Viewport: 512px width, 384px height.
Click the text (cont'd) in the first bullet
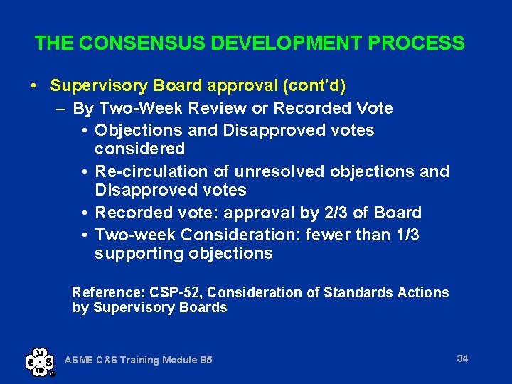coord(314,86)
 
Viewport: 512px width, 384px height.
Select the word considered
coord(139,149)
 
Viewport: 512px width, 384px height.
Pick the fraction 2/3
coord(349,213)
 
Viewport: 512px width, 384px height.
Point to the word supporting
coord(139,254)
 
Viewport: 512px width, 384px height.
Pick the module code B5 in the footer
coord(206,360)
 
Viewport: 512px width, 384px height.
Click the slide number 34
coord(462,358)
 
